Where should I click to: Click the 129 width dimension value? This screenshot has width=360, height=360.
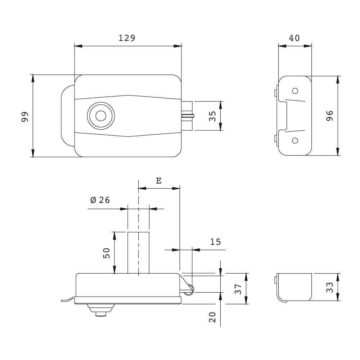click(127, 38)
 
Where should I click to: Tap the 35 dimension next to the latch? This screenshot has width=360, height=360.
click(212, 116)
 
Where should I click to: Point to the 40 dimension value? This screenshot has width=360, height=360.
click(294, 38)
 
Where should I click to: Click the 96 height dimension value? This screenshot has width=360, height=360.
click(330, 116)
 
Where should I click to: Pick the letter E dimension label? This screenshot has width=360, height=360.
click(158, 181)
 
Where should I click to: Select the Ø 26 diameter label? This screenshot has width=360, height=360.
click(100, 201)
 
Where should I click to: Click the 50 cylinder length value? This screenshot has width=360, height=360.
click(107, 253)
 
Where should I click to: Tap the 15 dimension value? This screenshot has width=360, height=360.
click(215, 242)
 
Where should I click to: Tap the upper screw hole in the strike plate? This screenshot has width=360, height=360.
click(295, 90)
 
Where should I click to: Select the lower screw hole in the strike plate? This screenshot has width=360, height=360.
click(295, 140)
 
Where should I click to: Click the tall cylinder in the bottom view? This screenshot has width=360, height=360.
click(138, 253)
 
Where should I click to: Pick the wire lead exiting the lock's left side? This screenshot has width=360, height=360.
click(67, 300)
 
